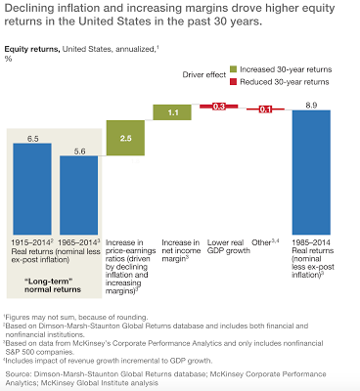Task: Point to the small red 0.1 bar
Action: (265, 109)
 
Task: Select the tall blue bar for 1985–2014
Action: (312, 172)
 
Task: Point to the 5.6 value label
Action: (79, 152)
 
